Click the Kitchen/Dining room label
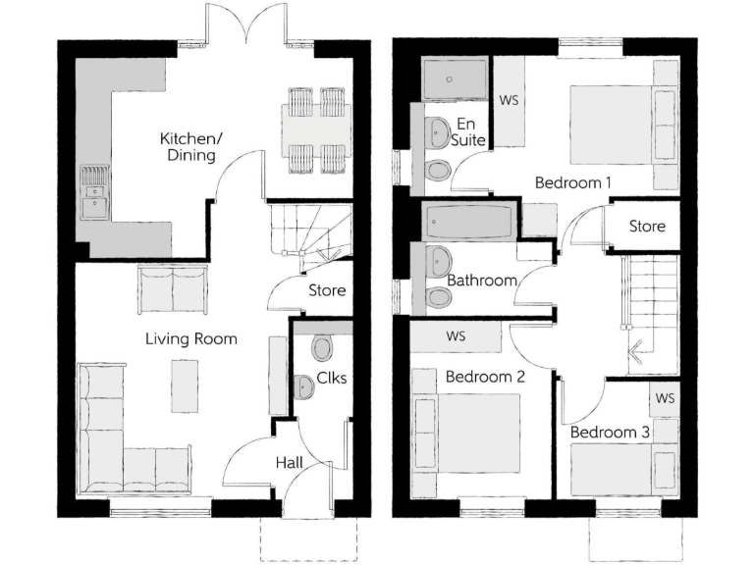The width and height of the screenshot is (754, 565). click(191, 147)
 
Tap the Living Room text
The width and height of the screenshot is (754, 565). click(191, 339)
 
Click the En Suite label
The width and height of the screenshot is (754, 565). click(465, 132)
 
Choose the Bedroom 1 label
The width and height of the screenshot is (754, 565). click(573, 182)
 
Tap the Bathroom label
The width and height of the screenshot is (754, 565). click(482, 281)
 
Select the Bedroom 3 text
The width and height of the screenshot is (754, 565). click(610, 432)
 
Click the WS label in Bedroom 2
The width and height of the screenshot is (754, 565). click(456, 336)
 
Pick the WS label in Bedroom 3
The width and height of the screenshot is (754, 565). click(665, 398)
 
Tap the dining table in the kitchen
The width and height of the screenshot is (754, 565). click(316, 128)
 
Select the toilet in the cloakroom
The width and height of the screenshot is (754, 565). click(323, 347)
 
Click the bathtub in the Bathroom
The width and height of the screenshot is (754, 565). click(467, 224)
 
